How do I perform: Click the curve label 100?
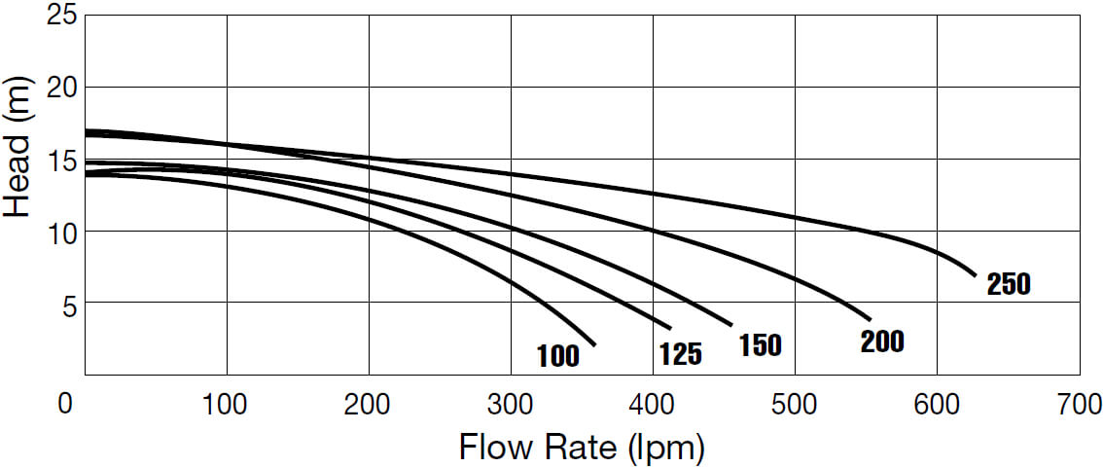(x=558, y=356)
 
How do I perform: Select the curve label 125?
(x=681, y=354)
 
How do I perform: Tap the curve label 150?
(x=760, y=345)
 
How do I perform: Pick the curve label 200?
(x=882, y=341)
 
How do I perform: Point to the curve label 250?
(x=1008, y=285)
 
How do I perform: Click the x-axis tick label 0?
(x=65, y=404)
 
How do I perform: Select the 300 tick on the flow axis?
(x=510, y=404)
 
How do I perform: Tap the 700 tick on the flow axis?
(x=1077, y=404)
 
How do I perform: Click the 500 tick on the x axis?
(x=794, y=404)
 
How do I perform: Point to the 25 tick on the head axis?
(x=60, y=17)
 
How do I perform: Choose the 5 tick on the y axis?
(x=67, y=303)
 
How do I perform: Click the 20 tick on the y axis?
(x=60, y=88)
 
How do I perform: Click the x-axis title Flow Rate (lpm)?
(x=581, y=448)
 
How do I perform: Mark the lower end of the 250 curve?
(x=974, y=274)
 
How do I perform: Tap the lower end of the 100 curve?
(x=593, y=344)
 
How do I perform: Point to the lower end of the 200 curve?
(x=869, y=318)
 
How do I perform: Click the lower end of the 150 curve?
(x=731, y=325)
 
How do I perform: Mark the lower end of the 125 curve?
(x=670, y=327)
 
